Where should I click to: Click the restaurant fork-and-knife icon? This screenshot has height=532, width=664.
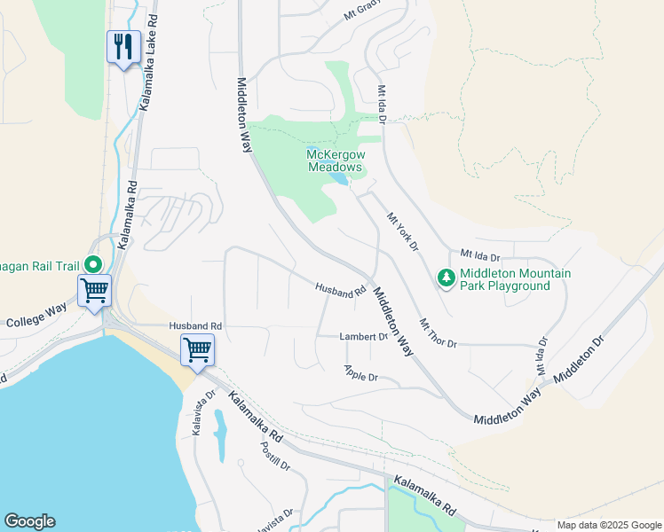123,46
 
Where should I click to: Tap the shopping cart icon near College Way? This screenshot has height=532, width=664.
94,289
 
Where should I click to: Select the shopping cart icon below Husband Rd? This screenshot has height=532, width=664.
197,348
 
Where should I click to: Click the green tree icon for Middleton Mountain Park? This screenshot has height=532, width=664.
446,278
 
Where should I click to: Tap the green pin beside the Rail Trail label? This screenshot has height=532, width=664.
92,264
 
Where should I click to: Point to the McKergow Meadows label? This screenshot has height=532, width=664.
335,160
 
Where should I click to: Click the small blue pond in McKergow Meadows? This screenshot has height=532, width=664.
338,179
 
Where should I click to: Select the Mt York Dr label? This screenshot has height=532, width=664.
401,231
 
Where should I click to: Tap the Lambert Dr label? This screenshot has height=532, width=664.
364,337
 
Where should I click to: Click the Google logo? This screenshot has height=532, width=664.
29,521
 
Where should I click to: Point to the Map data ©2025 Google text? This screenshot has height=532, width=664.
608,525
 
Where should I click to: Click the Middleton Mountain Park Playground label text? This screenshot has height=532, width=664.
515,279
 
